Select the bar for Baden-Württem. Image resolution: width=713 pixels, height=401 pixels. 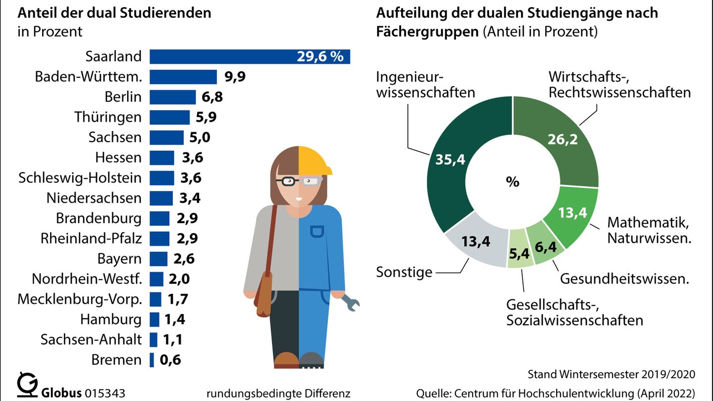[183, 77]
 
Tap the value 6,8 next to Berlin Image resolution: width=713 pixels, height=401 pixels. [212, 97]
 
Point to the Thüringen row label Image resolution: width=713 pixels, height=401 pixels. [108, 117]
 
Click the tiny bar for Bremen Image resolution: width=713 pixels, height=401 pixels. [152, 360]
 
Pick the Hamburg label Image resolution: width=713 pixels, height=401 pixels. [111, 319]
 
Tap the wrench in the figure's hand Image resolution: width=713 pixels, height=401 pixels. [352, 302]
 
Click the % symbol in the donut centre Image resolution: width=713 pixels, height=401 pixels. [512, 182]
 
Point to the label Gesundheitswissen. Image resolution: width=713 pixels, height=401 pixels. [625, 279]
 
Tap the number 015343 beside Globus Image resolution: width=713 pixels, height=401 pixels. [105, 393]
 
